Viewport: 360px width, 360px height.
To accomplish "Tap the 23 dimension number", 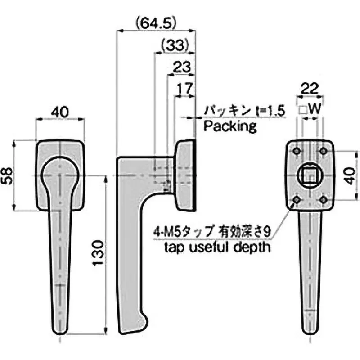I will click(181, 67).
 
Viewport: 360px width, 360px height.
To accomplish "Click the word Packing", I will click(230, 126).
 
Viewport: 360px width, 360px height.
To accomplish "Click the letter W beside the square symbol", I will click(315, 109).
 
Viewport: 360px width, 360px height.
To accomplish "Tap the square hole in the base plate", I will click(310, 174).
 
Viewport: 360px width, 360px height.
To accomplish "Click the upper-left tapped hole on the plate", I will click(297, 151).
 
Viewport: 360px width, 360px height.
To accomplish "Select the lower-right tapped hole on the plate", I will click(323, 199).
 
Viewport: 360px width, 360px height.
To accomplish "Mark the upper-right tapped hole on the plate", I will click(323, 151).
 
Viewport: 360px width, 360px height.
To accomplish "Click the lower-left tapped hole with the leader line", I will click(297, 199).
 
